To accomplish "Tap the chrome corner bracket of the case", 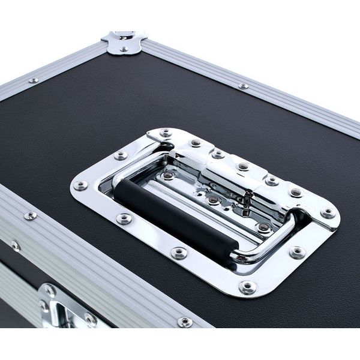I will click(124, 42).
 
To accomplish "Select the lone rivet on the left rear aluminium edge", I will click(34, 80).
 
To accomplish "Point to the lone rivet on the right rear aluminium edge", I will click(243, 86).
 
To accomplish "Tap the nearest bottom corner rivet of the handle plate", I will click(247, 287).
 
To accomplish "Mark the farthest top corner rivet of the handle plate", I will click(165, 133).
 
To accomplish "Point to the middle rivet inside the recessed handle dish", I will click(213, 200).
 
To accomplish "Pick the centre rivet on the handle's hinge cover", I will click(242, 166).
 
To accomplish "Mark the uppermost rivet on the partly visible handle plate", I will click(50, 291).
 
